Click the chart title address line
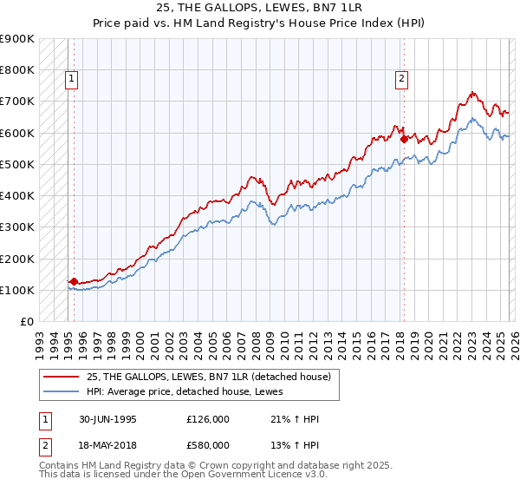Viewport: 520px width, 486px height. point(259,8)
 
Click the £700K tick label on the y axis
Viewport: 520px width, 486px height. point(16,102)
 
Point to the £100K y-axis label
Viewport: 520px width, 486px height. point(16,290)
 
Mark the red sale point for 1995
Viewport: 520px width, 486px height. point(75,281)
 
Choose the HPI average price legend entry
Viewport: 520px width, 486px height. point(179,391)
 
